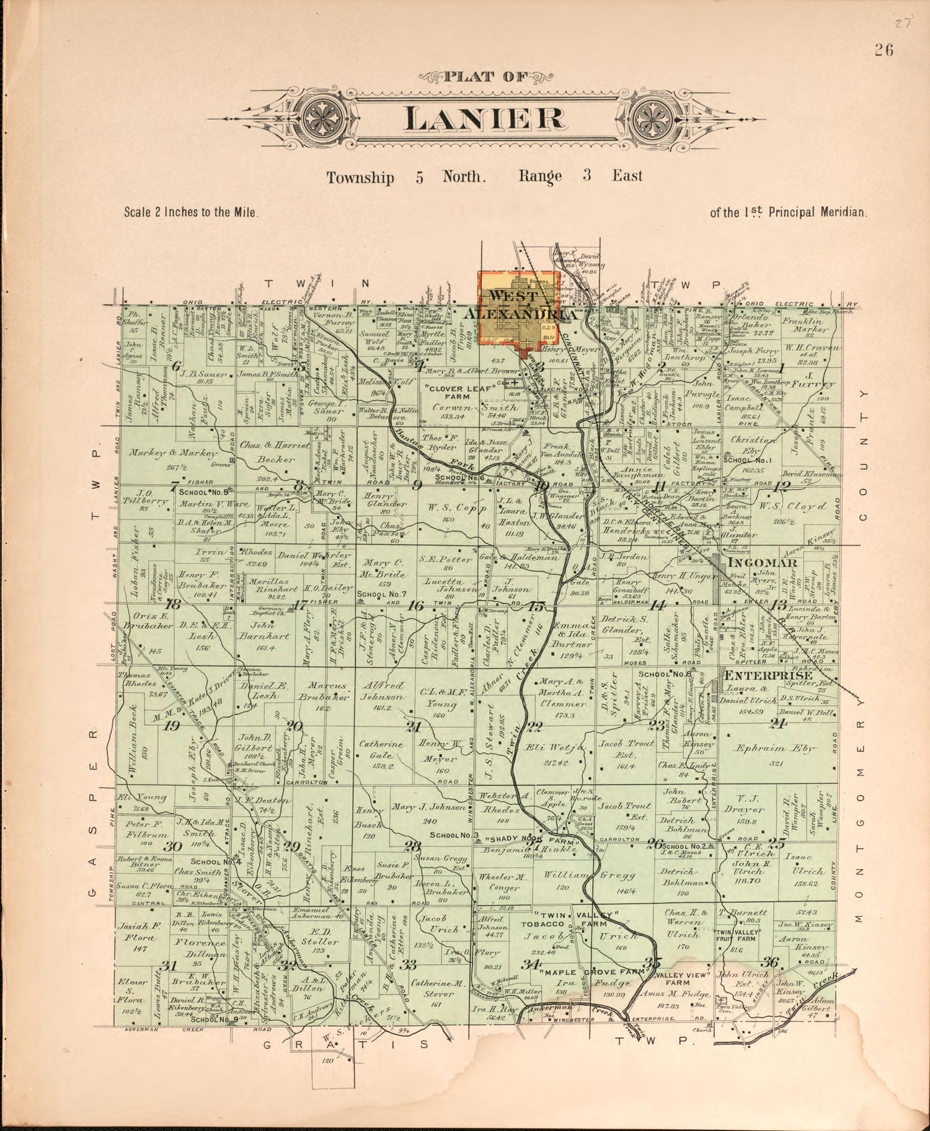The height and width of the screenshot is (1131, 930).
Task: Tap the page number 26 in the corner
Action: pyautogui.click(x=884, y=51)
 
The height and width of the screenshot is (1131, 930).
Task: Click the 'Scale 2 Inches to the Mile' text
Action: pyautogui.click(x=191, y=212)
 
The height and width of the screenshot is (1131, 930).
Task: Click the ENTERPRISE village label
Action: pyautogui.click(x=769, y=676)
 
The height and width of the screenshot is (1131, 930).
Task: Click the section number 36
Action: pyautogui.click(x=770, y=962)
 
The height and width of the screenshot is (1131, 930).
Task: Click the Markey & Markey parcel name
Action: pyautogui.click(x=169, y=452)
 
